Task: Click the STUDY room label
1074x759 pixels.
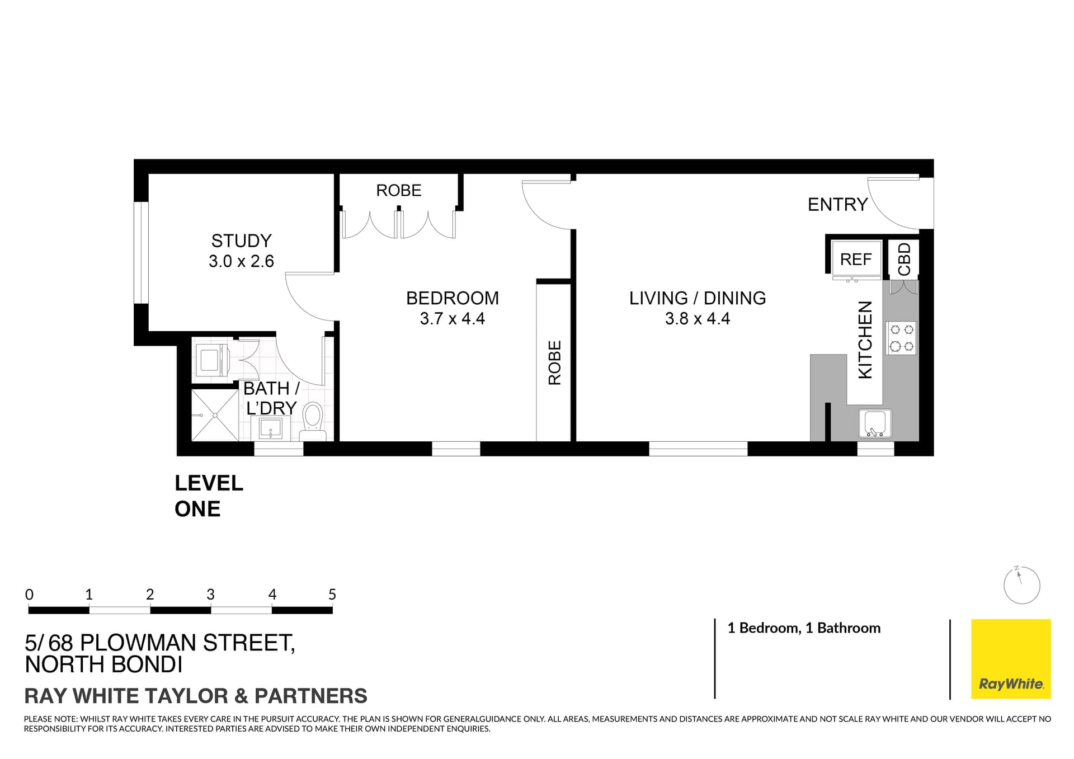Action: tap(241, 241)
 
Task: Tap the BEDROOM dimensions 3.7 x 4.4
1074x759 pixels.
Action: tap(452, 319)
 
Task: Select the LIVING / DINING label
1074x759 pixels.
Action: tap(697, 298)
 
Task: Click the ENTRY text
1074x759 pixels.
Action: tap(837, 205)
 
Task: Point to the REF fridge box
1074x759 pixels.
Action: tap(856, 259)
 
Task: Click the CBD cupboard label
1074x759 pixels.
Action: tap(904, 259)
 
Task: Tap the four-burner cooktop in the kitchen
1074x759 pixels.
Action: tap(901, 338)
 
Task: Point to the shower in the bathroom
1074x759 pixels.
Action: tap(215, 415)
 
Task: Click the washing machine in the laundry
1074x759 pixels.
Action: tap(210, 360)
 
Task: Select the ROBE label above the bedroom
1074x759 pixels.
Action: tap(398, 191)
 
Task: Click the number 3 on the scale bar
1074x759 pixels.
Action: tap(210, 595)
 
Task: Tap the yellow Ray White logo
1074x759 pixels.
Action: tap(1010, 658)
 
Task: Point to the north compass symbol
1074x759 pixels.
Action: tap(1021, 585)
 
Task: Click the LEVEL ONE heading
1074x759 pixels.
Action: tap(209, 496)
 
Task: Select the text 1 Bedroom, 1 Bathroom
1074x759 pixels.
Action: tap(803, 628)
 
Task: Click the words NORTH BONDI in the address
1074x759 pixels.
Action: tap(104, 664)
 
